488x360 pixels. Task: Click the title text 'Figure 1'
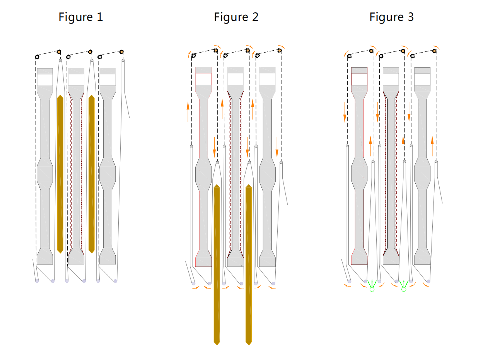81,17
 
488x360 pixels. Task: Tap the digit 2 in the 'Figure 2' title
255,17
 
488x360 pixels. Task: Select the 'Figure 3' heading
391,17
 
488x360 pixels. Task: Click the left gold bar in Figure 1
60,174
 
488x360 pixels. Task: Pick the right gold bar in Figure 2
249,263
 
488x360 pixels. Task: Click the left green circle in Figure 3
372,289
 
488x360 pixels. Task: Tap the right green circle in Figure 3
404,289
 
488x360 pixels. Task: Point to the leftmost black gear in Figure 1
37,57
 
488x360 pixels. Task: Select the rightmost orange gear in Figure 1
121,52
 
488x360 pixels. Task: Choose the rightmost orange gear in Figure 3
435,51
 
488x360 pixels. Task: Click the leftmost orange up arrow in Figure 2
188,111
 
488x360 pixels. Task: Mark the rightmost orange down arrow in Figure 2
277,146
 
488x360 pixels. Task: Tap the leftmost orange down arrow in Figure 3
345,113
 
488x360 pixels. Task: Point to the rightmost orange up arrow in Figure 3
432,145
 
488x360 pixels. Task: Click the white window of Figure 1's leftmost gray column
44,80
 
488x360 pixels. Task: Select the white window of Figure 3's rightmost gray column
422,79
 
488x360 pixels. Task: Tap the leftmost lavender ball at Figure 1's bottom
37,281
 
